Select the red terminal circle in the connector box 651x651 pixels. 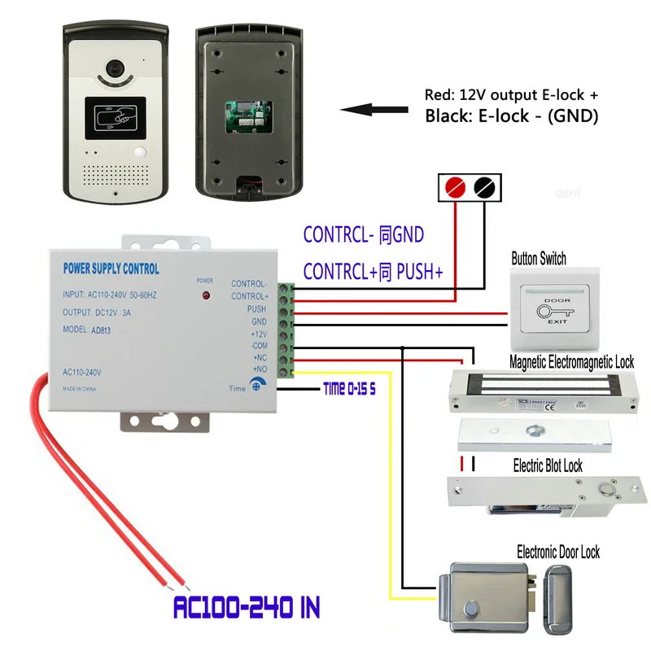457,187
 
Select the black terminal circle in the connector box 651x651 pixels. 484,187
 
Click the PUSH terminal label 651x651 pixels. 256,310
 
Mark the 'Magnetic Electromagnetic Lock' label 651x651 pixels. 571,362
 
